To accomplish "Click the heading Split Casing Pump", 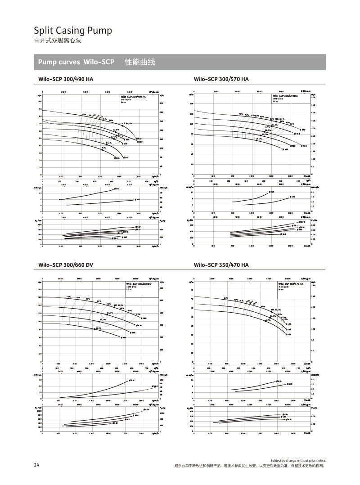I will [x=73, y=31].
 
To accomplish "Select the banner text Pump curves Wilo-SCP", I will [x=76, y=62].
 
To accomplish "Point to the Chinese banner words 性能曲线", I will [x=140, y=62].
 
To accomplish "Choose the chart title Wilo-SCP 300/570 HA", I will [x=221, y=79].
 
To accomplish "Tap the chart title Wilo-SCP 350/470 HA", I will [x=221, y=265].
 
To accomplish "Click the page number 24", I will [x=36, y=465].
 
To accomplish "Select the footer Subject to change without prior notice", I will [x=298, y=461].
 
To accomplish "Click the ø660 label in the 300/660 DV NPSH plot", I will [x=155, y=386].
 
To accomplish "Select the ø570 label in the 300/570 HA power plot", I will [x=302, y=222].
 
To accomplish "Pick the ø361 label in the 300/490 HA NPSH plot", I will [x=117, y=189].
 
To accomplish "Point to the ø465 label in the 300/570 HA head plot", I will [x=286, y=149].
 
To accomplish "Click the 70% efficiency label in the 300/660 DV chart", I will [x=68, y=297].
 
